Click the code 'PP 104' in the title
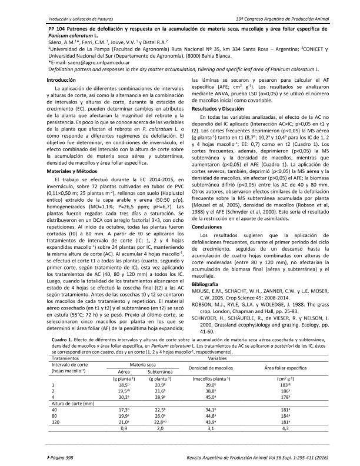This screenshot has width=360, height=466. (57, 29)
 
